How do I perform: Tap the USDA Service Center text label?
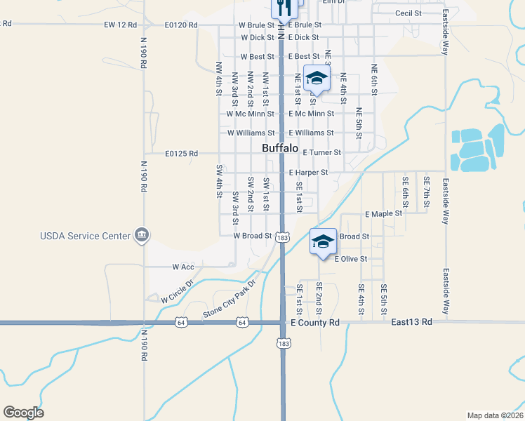pos(85,236)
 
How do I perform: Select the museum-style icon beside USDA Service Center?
pos(142,235)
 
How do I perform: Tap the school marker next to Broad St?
pos(323,242)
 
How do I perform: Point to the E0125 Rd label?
pos(182,154)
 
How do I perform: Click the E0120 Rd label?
pos(181,25)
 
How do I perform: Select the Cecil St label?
pos(408,13)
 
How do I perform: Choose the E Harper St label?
pos(308,172)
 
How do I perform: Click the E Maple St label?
pos(383,213)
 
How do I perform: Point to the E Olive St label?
pos(350,259)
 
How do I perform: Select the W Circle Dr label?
pos(175,289)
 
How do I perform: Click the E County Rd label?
pos(314,323)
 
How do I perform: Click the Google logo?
pos(23,413)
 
